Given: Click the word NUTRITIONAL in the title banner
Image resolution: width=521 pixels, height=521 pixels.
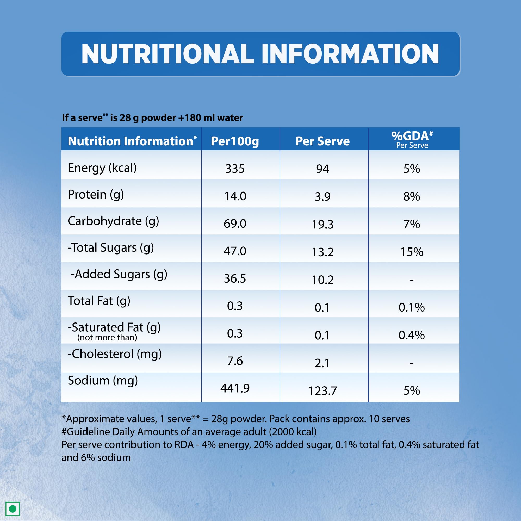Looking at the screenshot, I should (168, 54).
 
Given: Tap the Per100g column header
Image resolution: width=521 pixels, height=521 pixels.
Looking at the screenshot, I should (235, 141).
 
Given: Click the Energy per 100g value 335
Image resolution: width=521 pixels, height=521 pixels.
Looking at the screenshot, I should (235, 169).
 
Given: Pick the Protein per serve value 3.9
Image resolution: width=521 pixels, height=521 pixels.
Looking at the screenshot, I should (322, 197).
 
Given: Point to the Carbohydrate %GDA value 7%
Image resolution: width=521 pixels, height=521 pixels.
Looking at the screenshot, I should (412, 224).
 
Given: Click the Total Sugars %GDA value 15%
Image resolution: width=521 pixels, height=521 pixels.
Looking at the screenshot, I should (412, 252).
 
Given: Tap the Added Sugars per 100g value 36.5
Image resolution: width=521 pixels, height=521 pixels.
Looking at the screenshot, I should (235, 278).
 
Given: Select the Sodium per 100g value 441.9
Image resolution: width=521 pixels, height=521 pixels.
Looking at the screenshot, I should (235, 388).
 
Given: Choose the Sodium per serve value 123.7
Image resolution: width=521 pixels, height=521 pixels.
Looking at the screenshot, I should (322, 391).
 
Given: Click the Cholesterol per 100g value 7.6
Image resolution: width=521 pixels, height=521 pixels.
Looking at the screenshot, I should (235, 361).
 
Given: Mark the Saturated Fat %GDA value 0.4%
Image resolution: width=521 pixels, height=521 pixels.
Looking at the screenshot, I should (412, 335).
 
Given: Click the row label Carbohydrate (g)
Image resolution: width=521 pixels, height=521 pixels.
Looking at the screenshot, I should (113, 221).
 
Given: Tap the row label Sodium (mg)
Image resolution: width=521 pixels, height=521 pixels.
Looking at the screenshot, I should (103, 381).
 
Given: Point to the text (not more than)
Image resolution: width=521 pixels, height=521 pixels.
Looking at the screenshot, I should (107, 337).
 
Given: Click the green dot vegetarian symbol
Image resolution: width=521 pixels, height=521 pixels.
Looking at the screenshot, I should (13, 508).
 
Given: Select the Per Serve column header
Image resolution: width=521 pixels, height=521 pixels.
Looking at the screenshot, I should (322, 141).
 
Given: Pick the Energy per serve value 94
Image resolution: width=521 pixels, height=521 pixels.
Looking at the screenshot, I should (322, 169).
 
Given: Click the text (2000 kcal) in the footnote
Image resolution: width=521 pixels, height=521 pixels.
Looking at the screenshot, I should (293, 432).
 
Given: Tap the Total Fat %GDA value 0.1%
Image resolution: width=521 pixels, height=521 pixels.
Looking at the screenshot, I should (412, 307).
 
